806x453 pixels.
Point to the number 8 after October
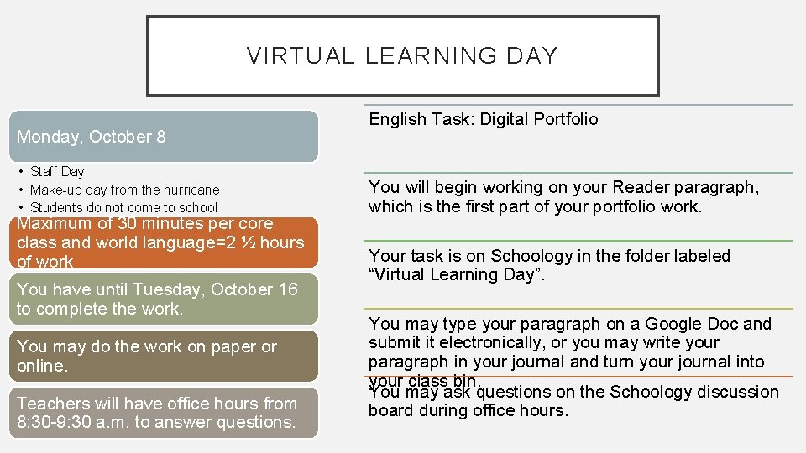161,137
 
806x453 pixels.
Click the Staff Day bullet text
57,171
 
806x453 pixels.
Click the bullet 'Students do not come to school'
123,207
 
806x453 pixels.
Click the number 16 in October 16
288,289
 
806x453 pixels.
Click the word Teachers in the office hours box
50,404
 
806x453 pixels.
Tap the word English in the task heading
396,119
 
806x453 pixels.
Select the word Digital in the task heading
505,119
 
